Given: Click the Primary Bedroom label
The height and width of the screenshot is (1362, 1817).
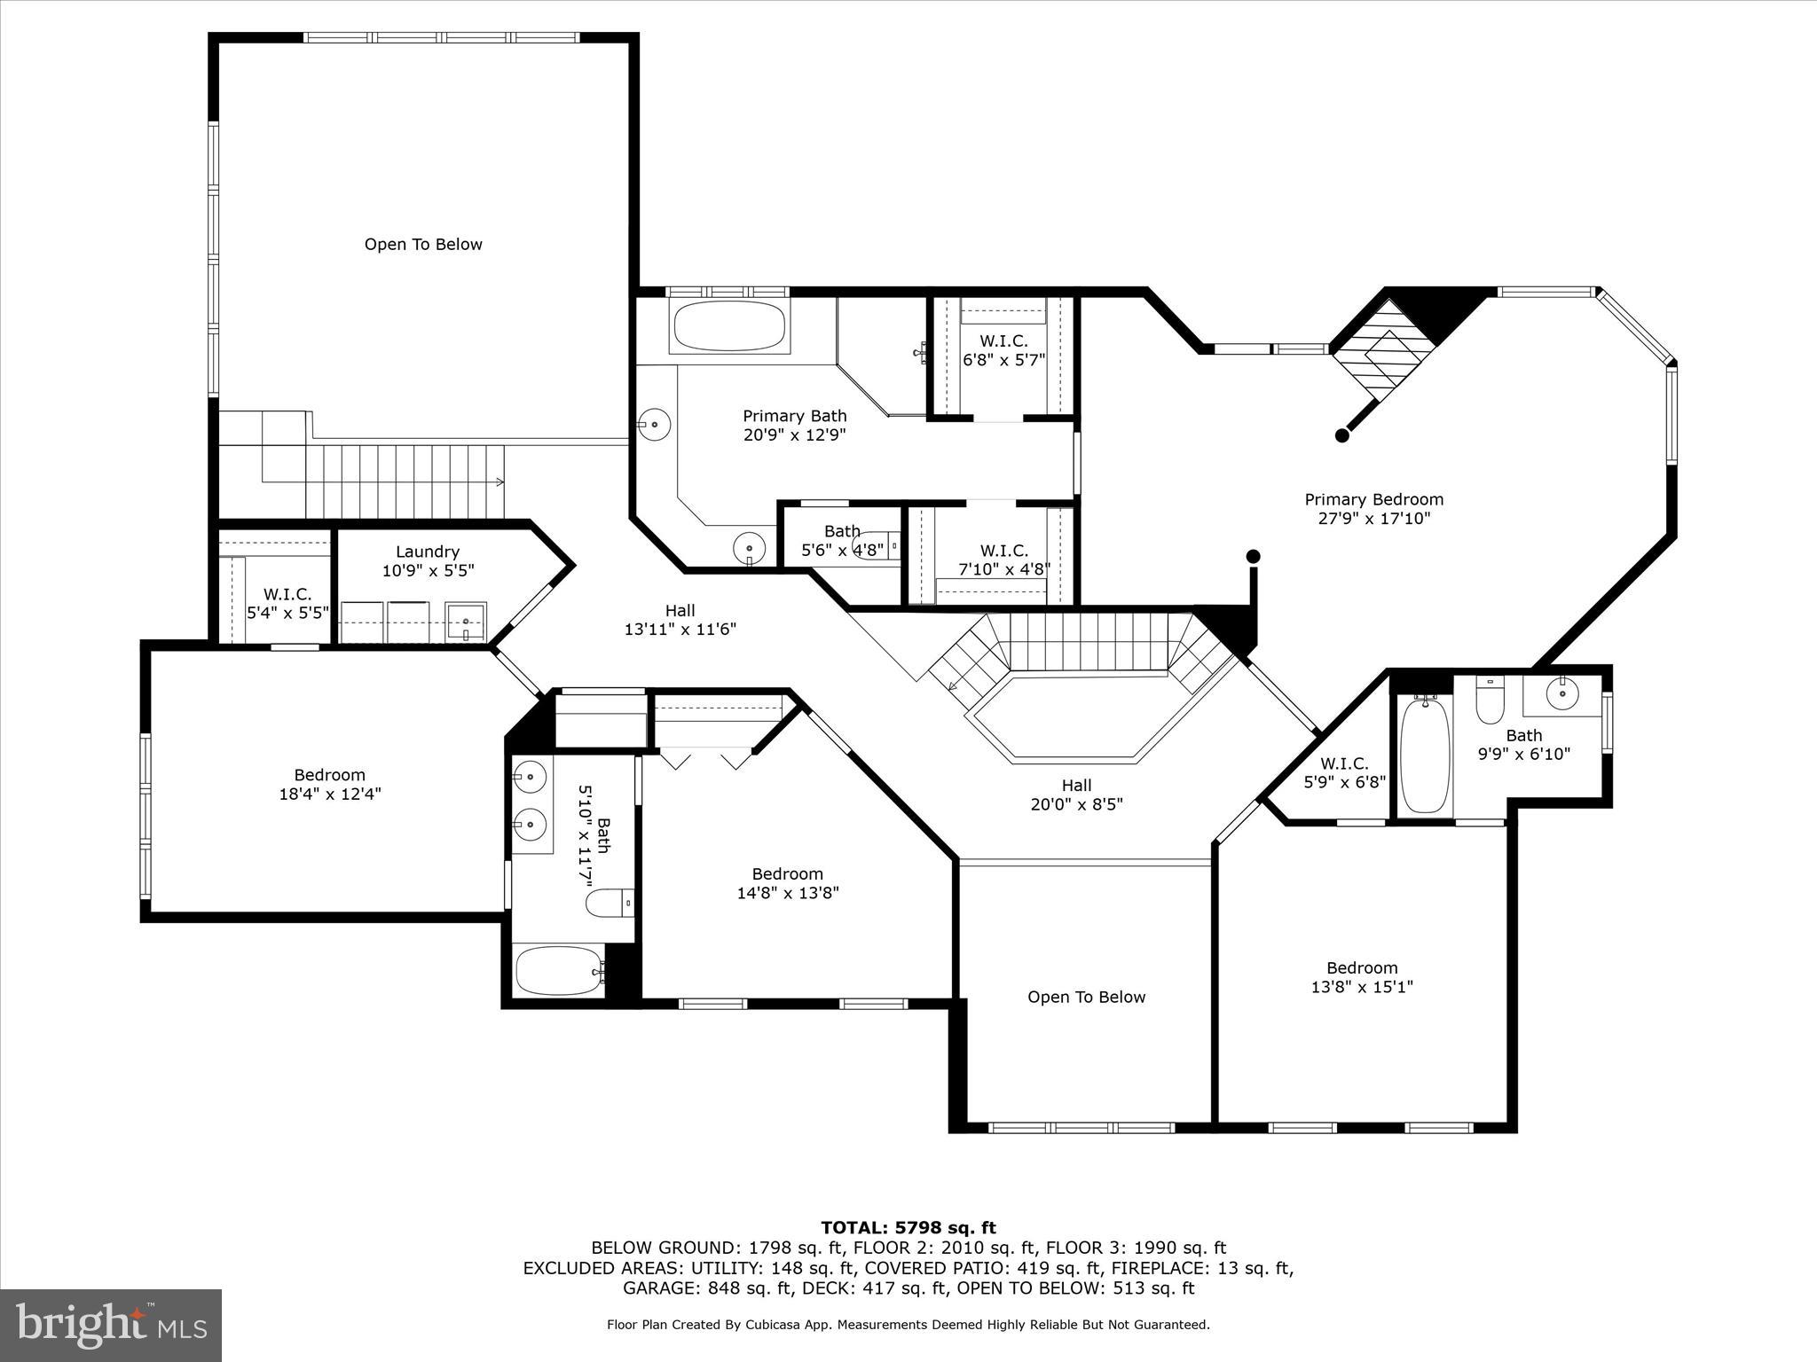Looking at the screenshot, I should (x=1373, y=509).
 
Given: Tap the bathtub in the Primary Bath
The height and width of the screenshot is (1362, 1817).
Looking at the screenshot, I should (x=729, y=327).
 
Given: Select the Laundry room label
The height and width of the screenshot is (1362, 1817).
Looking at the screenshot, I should (x=428, y=561).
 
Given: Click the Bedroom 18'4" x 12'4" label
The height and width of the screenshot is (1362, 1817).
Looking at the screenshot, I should (x=329, y=784).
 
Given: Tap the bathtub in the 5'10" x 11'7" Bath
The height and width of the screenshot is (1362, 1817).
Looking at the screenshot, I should (x=559, y=971).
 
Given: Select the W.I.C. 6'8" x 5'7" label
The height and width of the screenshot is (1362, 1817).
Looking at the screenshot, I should (x=1003, y=350).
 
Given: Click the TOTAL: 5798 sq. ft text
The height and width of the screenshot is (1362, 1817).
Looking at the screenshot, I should (x=908, y=1228).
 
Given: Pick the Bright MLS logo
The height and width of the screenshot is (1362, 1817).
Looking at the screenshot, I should (x=111, y=1325).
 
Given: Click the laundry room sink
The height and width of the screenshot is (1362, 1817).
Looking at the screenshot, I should (x=466, y=620).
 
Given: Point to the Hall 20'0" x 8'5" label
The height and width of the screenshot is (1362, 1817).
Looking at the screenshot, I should (x=1076, y=794).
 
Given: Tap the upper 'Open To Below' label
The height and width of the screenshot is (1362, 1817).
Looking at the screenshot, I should (x=423, y=245).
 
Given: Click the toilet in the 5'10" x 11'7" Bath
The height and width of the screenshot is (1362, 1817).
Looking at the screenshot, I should (x=609, y=903).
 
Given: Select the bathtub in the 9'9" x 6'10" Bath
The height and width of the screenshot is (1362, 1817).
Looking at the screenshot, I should (x=1424, y=754).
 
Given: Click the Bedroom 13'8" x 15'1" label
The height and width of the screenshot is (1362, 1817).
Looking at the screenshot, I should (x=1361, y=977).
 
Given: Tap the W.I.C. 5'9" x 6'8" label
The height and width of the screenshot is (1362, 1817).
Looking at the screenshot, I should (x=1343, y=773).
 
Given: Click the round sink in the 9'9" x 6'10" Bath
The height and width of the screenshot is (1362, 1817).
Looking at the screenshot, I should (x=1561, y=694).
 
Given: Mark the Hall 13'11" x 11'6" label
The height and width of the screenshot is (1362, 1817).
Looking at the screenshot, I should (x=680, y=620).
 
